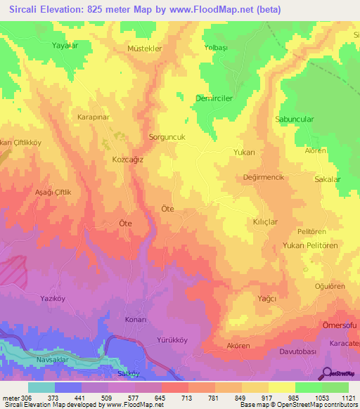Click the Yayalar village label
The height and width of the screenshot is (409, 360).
point(64,45)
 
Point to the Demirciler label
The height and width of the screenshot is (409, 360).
point(214,99)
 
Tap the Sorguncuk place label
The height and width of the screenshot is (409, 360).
point(167,138)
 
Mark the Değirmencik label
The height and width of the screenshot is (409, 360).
point(263,178)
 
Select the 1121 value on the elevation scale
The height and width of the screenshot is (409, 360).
point(347,398)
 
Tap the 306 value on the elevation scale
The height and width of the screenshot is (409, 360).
point(26,398)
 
